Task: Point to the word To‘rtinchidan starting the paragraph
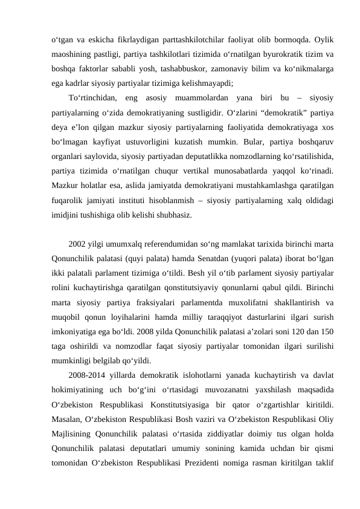92,98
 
